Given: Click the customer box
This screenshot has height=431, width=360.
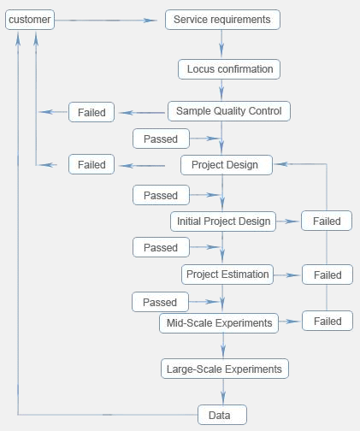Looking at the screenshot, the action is point(30,20).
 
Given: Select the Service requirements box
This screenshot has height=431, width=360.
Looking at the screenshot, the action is point(222,20).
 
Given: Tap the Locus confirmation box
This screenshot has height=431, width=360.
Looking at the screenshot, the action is point(229,69).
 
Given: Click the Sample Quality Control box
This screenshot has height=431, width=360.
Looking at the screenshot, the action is point(229,111).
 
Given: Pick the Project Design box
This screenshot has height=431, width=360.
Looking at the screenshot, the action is point(227,165).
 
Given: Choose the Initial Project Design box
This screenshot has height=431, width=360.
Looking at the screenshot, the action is point(223,221).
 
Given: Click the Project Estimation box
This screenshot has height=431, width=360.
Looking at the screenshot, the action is point(227,275).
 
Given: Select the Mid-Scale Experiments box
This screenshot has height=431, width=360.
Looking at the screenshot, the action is point(219,323).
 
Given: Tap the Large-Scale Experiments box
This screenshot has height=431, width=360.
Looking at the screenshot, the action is point(225,369).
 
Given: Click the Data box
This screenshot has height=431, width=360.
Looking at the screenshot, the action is point(222,415).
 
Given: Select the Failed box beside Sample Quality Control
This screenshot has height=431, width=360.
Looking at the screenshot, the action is point(91,112).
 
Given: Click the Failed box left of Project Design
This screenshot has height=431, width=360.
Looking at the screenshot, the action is point(91,164).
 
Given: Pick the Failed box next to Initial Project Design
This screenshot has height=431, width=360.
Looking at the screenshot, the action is point(327,221).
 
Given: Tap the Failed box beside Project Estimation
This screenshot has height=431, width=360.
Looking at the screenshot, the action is point(328,275).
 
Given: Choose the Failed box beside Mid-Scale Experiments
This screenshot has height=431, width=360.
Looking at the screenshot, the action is point(328,321).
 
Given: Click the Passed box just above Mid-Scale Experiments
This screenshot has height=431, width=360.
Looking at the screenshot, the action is point(160,302).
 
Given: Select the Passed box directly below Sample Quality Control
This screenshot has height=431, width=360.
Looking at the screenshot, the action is point(161,139).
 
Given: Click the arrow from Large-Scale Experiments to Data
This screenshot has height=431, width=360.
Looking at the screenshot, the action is point(223,392).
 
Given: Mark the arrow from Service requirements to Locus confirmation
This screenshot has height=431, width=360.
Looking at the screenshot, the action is point(221,44).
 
